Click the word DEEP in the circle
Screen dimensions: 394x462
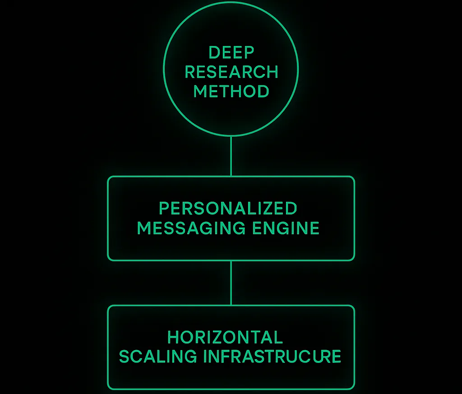231,52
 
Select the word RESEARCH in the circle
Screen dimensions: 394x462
231,72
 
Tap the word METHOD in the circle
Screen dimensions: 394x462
231,91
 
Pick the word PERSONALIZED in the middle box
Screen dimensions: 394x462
228,209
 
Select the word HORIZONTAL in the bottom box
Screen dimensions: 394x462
225,337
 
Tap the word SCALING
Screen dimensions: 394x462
158,357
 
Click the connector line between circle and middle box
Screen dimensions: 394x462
231,156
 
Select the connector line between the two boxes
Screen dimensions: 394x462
231,283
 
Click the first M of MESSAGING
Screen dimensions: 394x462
144,228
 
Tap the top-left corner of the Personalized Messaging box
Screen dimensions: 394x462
109,177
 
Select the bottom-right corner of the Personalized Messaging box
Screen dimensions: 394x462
353,260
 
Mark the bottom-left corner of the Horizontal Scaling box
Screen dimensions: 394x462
109,388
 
